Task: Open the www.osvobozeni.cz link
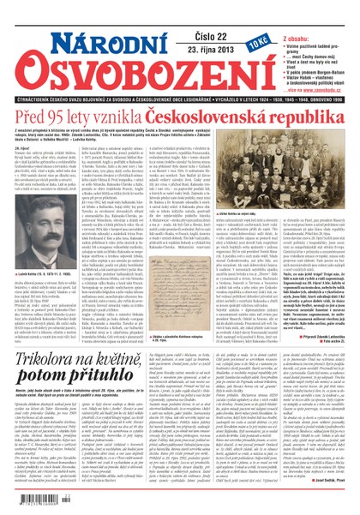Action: pos(316,65)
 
